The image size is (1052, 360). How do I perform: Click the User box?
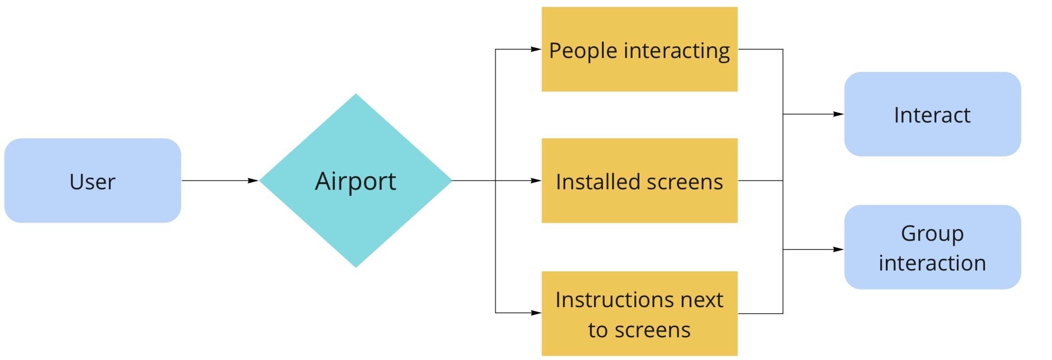[92, 180]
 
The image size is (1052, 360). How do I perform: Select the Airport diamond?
[355, 180]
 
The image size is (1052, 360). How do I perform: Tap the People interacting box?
[639, 49]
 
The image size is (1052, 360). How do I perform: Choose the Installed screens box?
[639, 180]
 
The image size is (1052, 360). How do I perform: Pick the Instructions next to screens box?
[639, 314]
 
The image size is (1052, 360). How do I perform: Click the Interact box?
[932, 114]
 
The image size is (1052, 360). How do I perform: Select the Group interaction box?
[932, 247]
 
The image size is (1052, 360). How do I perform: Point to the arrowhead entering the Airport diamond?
[253, 180]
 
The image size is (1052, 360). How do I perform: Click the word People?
[583, 51]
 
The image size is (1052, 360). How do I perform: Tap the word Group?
[932, 234]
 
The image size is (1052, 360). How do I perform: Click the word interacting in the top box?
[677, 51]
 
